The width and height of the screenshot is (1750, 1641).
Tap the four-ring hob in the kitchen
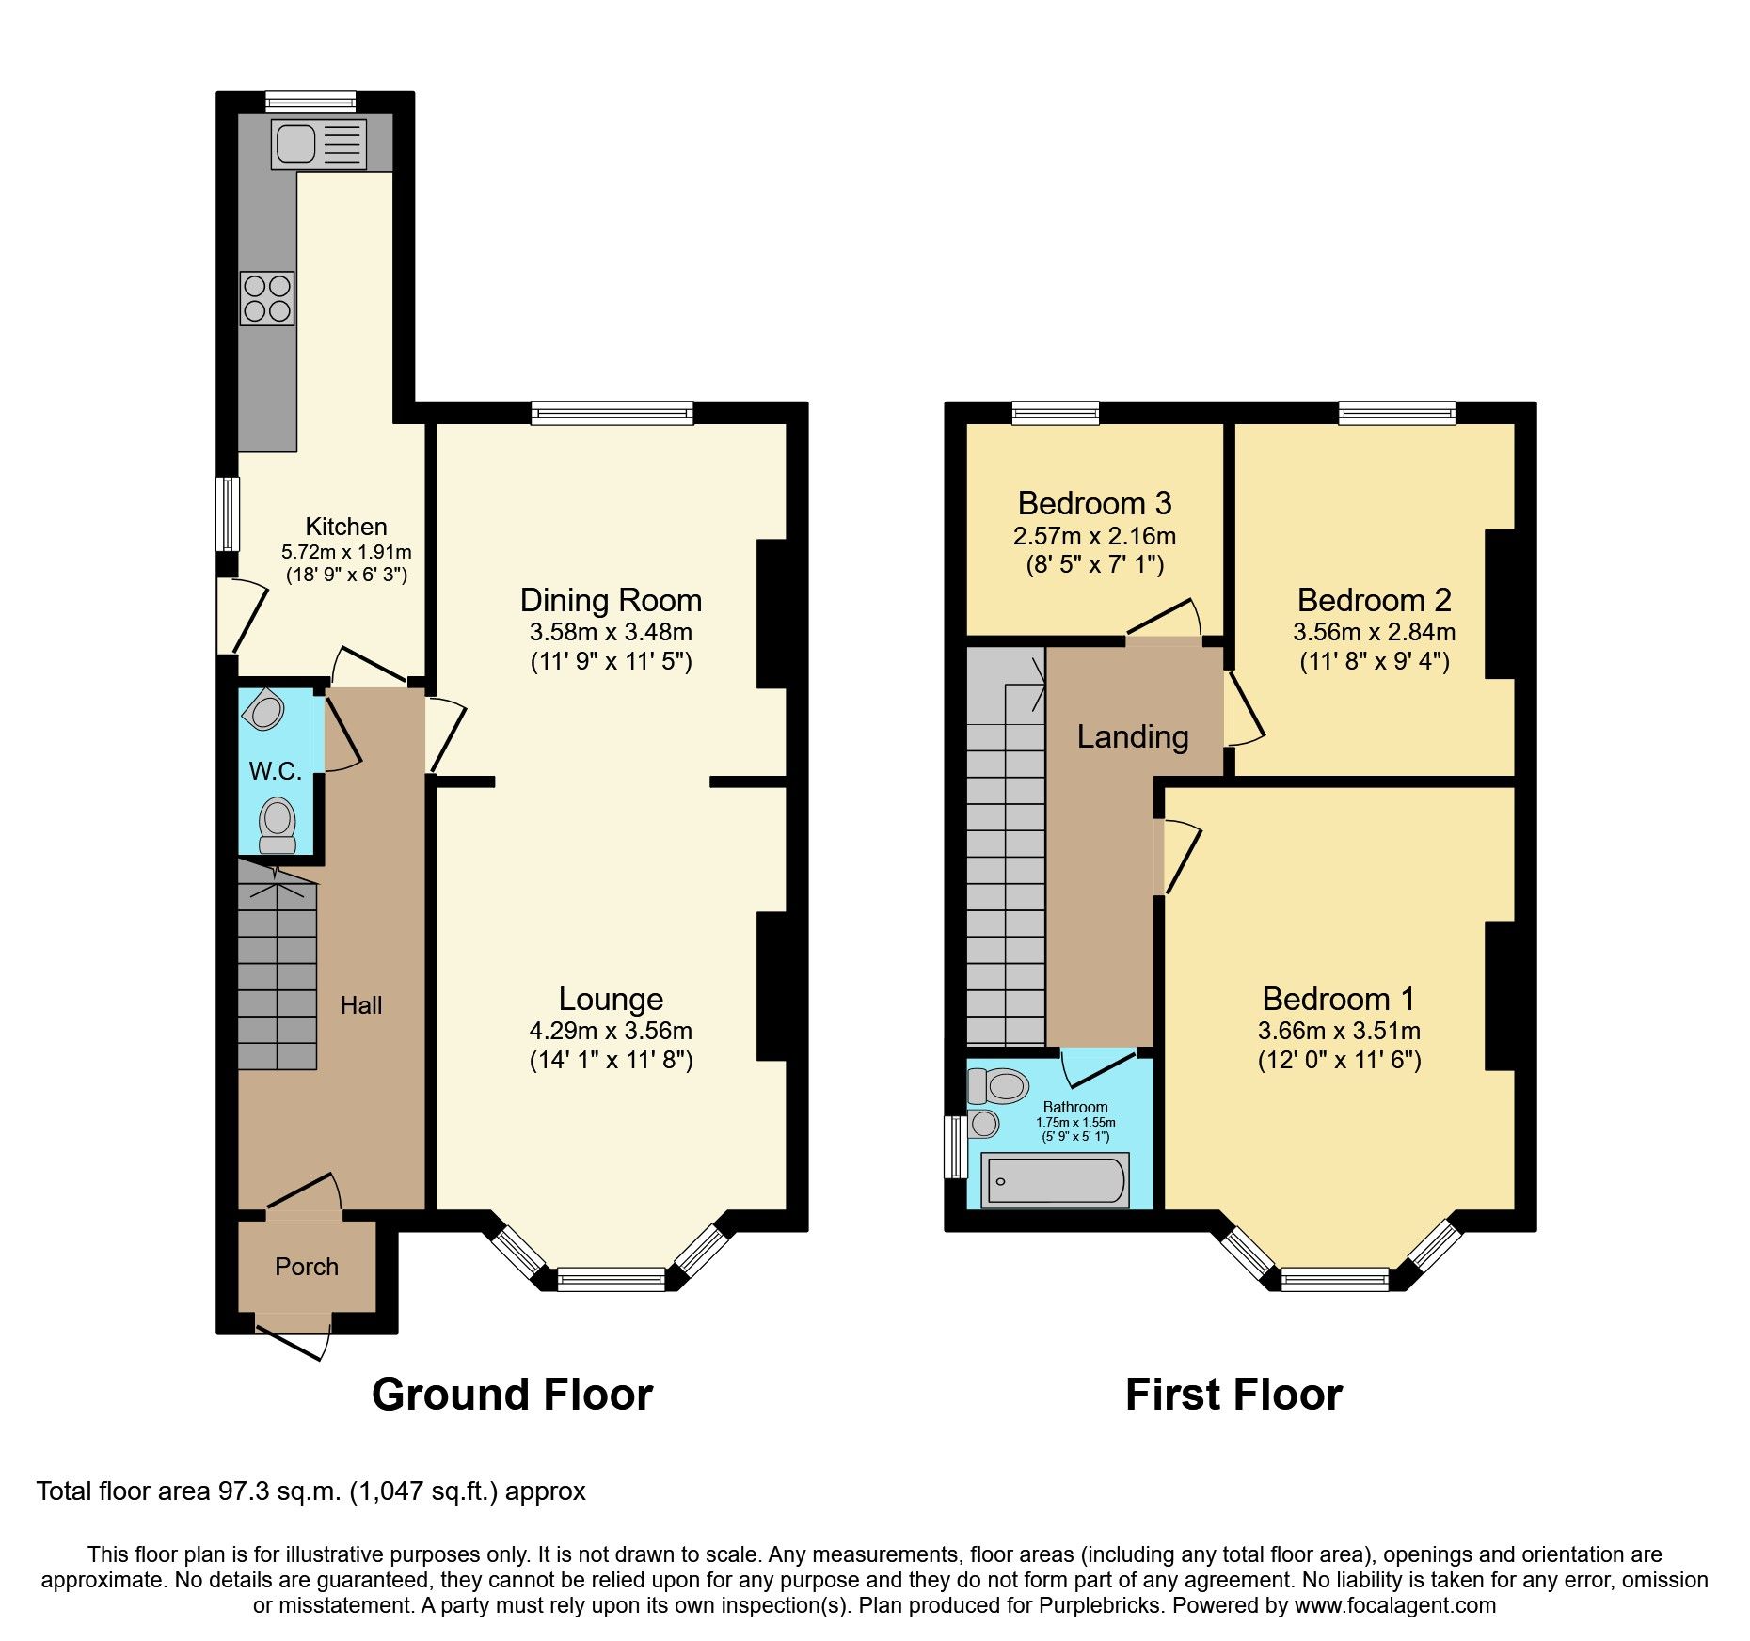click(267, 298)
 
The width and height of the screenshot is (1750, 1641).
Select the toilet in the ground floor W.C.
click(278, 824)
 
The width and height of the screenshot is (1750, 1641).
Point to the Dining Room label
click(611, 600)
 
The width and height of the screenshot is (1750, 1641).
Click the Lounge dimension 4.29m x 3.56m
click(611, 1031)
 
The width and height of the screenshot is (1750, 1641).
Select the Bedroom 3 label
click(1094, 503)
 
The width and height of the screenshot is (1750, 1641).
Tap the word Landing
click(1133, 736)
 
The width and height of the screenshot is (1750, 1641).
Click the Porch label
click(307, 1267)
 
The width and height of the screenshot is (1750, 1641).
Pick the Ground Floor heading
click(512, 1395)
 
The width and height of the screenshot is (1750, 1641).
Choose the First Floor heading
click(1233, 1395)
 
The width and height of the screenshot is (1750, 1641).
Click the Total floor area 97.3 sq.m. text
click(310, 1491)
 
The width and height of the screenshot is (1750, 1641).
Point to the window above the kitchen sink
click(310, 101)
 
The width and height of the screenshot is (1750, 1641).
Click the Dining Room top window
click(612, 412)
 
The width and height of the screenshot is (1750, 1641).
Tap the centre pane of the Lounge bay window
click(612, 1278)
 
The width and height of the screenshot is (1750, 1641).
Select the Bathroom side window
click(954, 1146)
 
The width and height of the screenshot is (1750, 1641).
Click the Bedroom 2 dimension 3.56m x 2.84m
click(1374, 632)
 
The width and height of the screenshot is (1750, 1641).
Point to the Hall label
click(361, 1005)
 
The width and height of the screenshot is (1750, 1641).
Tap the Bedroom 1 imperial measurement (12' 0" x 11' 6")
click(1339, 1060)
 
